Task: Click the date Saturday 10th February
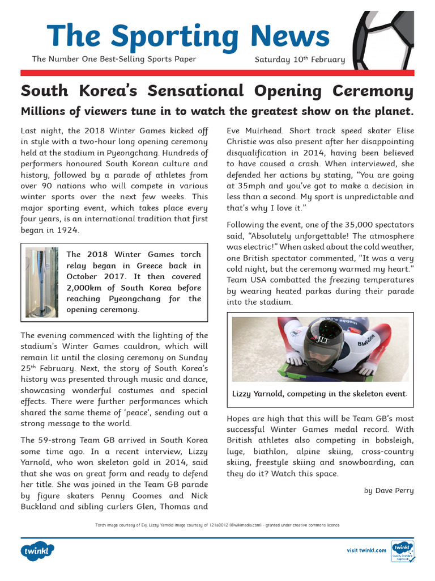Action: [300, 60]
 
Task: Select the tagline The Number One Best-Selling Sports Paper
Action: [114, 59]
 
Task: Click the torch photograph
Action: [42, 282]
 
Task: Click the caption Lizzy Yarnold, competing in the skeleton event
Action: [319, 394]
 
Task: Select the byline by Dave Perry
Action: [389, 490]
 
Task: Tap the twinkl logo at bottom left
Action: [38, 550]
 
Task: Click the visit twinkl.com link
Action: [366, 550]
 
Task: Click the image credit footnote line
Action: [217, 525]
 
